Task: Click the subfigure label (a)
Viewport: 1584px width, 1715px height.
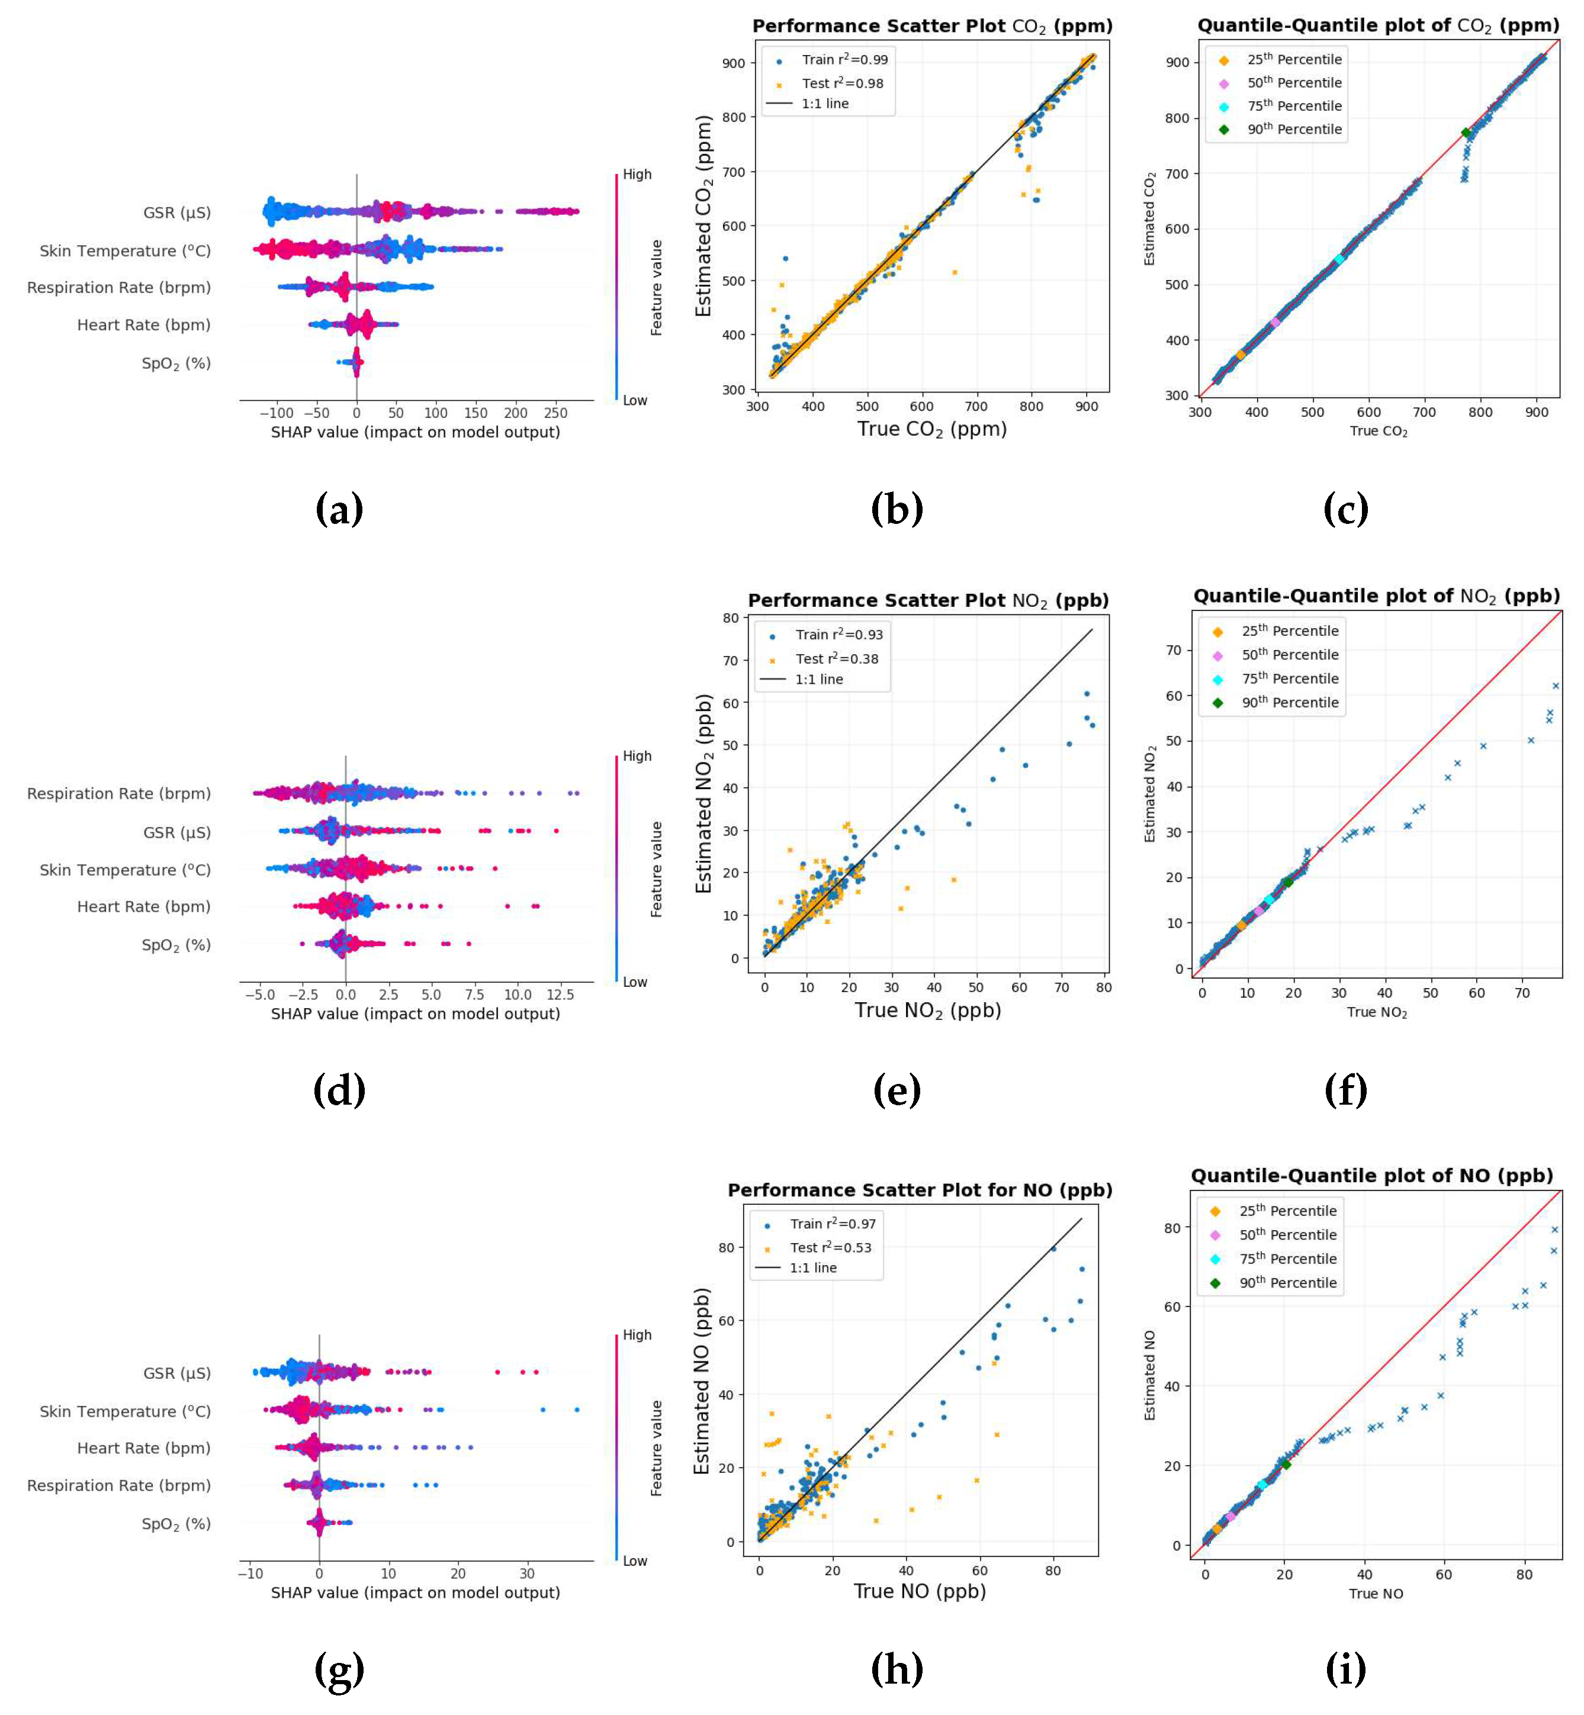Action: (339, 510)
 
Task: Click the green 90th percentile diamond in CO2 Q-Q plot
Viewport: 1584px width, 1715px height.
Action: (1466, 133)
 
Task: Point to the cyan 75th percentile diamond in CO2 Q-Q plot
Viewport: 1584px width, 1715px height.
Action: (1339, 259)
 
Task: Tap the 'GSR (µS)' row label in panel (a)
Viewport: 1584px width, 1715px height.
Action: (176, 213)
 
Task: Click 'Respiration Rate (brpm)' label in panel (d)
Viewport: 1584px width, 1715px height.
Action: (118, 794)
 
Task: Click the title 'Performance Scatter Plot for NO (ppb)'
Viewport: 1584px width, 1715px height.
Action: (920, 1190)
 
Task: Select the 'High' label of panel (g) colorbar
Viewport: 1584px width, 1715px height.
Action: (637, 1336)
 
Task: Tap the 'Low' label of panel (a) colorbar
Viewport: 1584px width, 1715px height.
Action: (635, 400)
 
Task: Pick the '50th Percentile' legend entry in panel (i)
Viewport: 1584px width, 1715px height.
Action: (1287, 1235)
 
